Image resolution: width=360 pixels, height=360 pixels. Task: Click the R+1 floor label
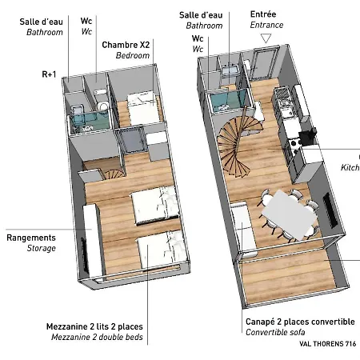tap(49, 74)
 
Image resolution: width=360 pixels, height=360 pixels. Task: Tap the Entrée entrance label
tap(263, 14)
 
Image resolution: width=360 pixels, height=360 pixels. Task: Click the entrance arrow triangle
tap(266, 38)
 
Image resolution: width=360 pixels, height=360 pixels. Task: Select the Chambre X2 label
tap(126, 45)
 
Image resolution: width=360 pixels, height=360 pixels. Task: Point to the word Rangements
tap(31, 238)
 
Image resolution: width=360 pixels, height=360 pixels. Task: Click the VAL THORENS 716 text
tap(327, 344)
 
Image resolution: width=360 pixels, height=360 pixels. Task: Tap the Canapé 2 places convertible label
tap(300, 322)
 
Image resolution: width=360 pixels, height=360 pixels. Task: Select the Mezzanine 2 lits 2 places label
tap(94, 326)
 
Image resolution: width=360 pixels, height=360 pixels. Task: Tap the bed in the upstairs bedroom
tap(144, 108)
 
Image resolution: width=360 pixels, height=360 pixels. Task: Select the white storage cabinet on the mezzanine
tap(93, 240)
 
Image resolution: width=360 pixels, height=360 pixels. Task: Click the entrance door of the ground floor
tap(264, 63)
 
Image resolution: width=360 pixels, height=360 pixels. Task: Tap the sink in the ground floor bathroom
tap(230, 70)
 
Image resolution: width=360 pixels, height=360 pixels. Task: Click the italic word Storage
tap(42, 248)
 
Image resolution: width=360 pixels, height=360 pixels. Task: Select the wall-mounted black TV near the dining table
tap(330, 210)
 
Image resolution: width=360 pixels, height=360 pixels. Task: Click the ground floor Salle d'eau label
tap(201, 15)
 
